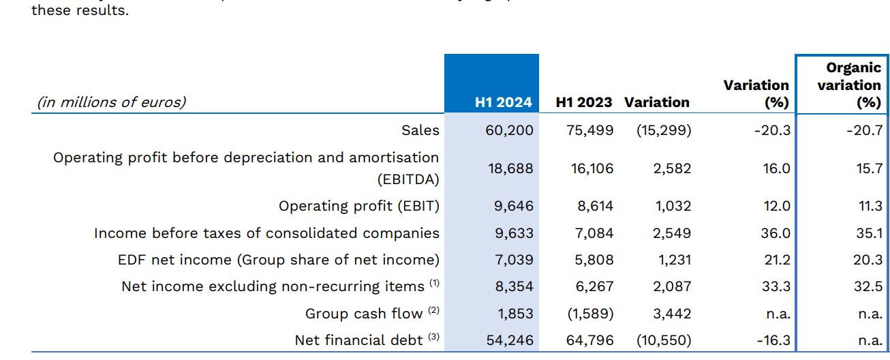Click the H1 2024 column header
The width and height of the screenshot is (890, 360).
click(x=504, y=103)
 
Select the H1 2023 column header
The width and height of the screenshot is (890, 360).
click(x=584, y=103)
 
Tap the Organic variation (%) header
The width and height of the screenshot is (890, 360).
click(x=849, y=85)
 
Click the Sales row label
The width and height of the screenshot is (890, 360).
click(x=420, y=130)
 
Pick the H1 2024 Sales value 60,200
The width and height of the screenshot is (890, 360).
click(x=510, y=130)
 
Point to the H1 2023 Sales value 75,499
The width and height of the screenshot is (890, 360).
click(x=590, y=130)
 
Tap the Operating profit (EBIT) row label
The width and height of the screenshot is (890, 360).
click(x=359, y=206)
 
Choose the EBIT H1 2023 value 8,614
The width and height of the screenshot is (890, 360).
click(x=594, y=206)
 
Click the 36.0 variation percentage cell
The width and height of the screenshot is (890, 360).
click(x=776, y=233)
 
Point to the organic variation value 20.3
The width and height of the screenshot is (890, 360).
click(x=869, y=260)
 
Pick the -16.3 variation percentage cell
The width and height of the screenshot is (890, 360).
click(x=772, y=340)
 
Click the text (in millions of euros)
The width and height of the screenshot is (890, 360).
click(x=111, y=103)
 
